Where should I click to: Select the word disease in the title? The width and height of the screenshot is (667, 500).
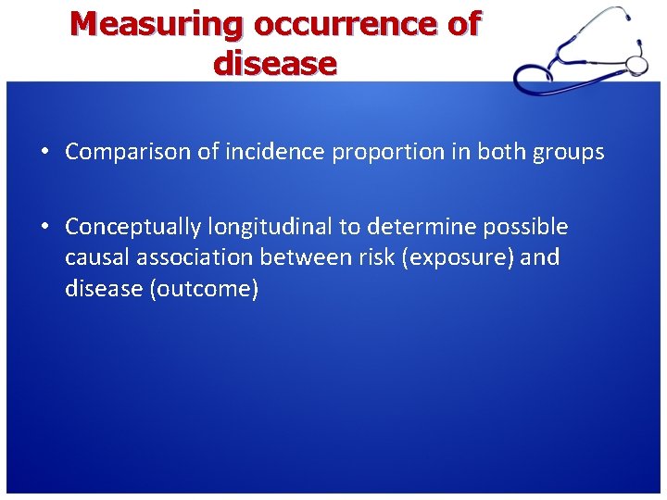(274, 64)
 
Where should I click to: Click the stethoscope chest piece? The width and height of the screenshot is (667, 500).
(636, 63)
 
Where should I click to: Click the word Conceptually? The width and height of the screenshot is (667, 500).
(132, 227)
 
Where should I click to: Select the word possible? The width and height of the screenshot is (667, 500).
(531, 227)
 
